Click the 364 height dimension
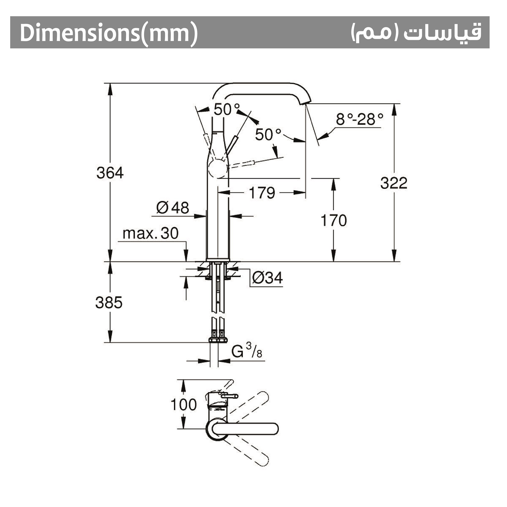click(110, 173)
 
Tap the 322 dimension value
click(394, 183)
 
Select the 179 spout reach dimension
click(262, 193)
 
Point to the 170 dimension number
click(333, 220)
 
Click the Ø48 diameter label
click(172, 208)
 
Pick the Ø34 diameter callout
click(267, 278)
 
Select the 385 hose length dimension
click(109, 303)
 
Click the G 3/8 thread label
click(247, 351)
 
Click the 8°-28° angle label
click(359, 119)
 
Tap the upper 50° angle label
click(227, 109)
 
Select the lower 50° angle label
click(268, 135)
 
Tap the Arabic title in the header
click(416, 32)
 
